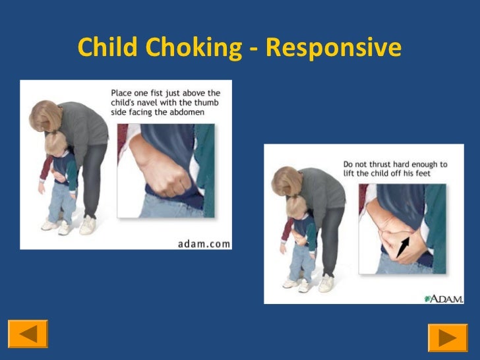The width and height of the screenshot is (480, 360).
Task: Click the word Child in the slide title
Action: click(x=105, y=47)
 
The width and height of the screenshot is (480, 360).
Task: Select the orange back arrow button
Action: click(x=28, y=334)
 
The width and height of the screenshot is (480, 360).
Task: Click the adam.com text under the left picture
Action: click(x=204, y=243)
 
